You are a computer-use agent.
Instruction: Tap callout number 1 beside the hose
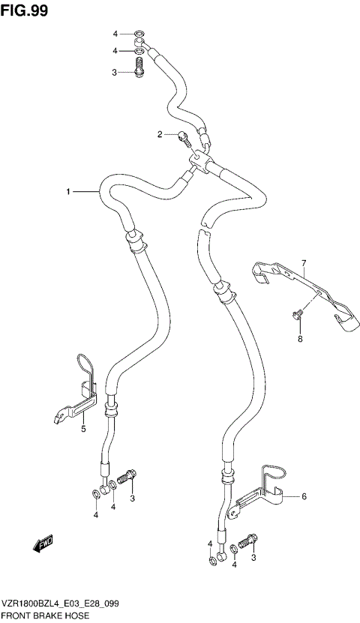point(67,193)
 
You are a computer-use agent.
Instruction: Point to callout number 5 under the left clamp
point(83,428)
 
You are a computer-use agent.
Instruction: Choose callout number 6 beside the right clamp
point(304,496)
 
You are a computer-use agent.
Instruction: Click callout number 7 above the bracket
point(304,262)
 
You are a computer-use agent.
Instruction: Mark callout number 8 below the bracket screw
point(298,339)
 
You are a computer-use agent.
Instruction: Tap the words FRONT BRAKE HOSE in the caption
point(45,615)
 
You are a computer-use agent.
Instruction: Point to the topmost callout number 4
point(115,34)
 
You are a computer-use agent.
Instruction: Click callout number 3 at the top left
point(115,73)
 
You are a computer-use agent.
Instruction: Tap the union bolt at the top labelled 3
point(140,71)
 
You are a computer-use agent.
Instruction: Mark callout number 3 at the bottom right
point(253,557)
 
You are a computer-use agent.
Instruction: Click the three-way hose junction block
point(199,160)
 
